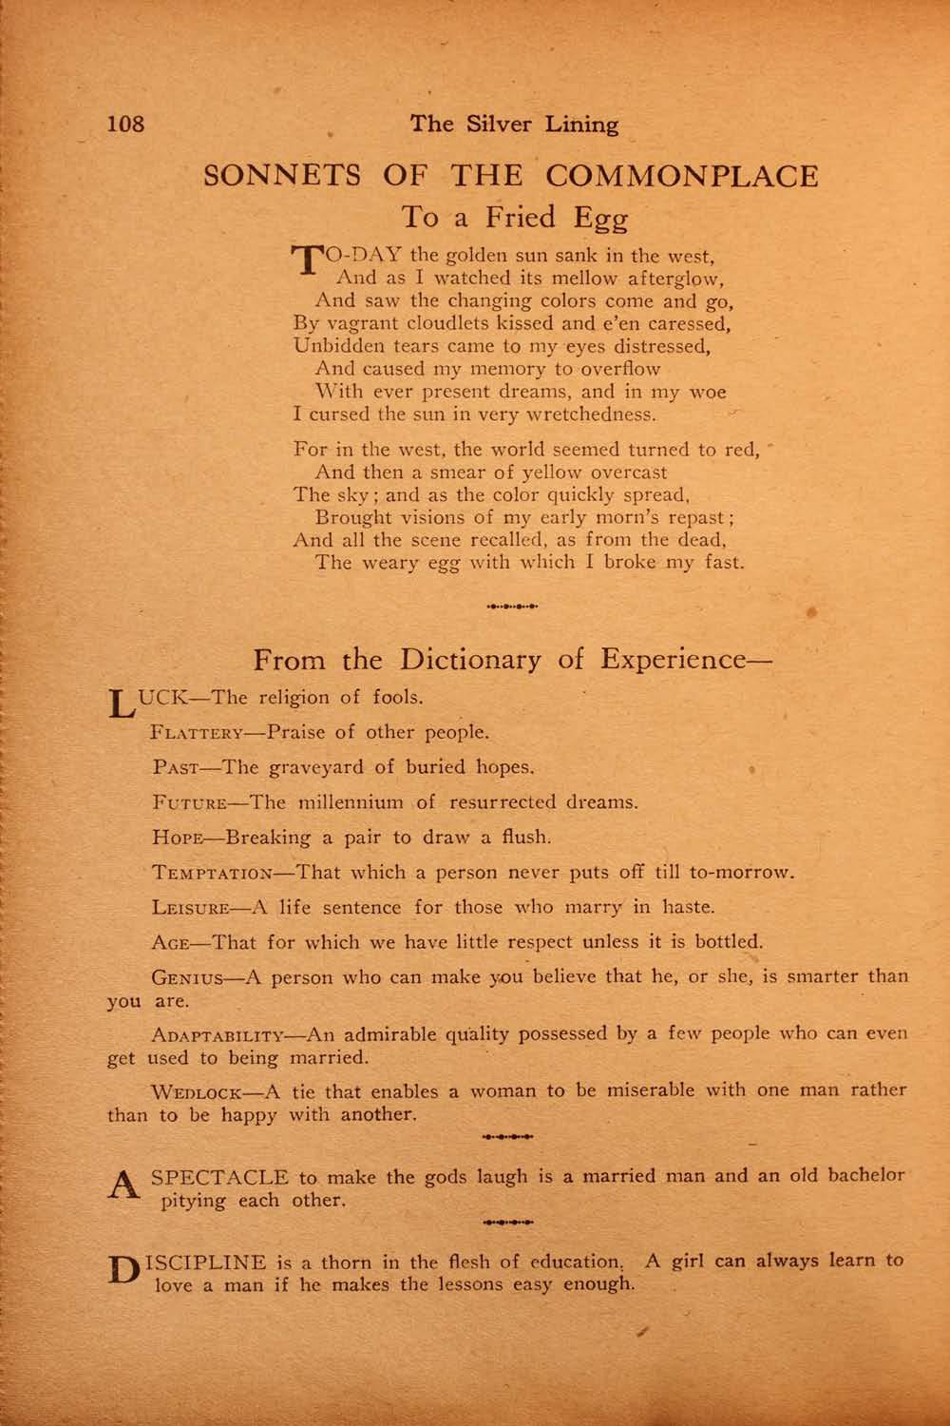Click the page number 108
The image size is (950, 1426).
126,124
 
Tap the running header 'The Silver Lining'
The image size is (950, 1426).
514,124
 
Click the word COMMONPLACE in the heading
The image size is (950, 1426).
683,176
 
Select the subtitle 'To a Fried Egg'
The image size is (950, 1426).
515,218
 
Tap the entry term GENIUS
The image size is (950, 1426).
188,977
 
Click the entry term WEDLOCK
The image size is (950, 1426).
199,1090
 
